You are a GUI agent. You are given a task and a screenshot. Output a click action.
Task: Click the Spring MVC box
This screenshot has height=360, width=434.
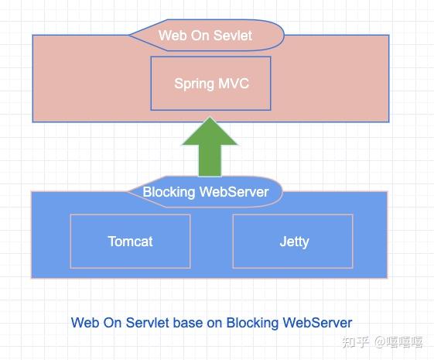(210, 83)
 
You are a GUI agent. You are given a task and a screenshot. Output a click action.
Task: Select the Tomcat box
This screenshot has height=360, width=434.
(130, 241)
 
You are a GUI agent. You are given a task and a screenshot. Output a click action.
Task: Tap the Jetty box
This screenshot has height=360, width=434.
(293, 241)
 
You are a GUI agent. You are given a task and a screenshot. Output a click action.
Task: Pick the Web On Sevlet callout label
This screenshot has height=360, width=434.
(205, 36)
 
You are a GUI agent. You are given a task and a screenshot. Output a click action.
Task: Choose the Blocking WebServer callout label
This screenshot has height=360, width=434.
(205, 192)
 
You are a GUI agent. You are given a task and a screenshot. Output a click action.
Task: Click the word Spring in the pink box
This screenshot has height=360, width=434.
(194, 84)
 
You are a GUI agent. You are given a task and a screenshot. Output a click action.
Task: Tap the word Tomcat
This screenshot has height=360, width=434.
(130, 241)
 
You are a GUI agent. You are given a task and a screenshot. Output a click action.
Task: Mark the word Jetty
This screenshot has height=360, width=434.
(294, 242)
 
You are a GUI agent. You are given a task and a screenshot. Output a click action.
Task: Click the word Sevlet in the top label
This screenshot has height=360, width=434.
(234, 36)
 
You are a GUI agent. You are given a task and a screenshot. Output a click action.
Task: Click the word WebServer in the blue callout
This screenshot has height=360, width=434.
(234, 192)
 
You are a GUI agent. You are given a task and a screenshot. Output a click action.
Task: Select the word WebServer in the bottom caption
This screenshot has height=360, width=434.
(318, 323)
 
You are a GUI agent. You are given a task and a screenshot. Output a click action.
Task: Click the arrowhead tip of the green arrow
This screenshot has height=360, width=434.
(210, 118)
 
